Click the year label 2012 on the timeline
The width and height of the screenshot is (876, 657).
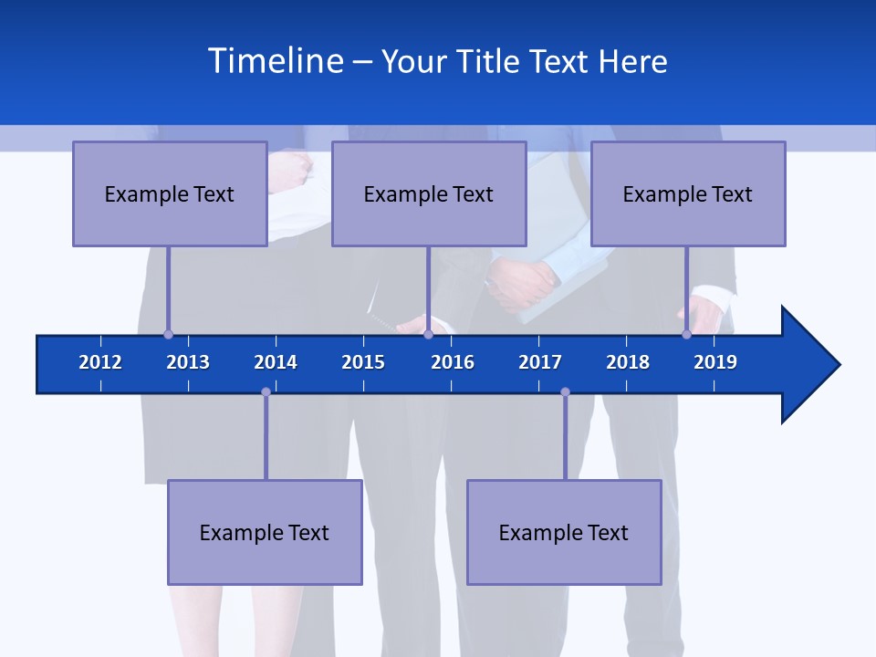100,362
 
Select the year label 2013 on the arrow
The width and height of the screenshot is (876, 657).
188,362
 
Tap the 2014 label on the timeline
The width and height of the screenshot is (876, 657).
276,362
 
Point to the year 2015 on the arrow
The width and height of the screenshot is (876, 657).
363,362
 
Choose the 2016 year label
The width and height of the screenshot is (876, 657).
453,362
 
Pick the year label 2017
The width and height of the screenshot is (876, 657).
540,362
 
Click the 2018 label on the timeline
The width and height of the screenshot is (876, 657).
628,362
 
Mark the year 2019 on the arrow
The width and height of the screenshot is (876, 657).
715,362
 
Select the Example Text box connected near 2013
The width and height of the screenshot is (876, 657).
170,193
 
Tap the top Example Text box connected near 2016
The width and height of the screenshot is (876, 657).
429,193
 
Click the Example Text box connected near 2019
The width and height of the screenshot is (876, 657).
688,193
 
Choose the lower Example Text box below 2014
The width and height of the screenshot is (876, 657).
265,532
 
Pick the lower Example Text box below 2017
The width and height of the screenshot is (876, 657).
564,532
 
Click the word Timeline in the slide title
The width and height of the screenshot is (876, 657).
276,61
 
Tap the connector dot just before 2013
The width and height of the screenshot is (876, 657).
168,335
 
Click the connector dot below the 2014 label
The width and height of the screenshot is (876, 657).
266,391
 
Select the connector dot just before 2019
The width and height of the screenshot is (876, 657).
686,335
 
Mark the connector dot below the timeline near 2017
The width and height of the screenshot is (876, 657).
565,391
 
